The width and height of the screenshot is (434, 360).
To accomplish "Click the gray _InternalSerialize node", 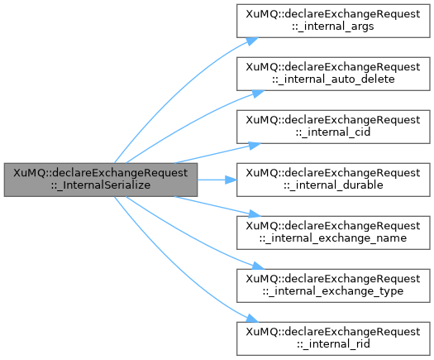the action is [x=101, y=180].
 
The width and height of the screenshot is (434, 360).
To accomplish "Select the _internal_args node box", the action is [x=333, y=21].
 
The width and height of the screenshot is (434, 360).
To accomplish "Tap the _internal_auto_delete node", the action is [x=333, y=74].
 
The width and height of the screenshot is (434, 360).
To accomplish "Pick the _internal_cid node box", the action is [x=333, y=127].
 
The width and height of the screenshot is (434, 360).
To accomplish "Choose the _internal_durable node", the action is [x=333, y=180].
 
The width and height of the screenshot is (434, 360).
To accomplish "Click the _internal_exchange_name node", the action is [x=333, y=233].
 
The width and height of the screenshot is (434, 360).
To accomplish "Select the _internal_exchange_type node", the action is [x=333, y=286].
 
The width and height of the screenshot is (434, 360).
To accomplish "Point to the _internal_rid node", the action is [x=333, y=338].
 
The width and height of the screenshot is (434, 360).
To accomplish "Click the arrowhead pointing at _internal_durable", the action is [x=231, y=180].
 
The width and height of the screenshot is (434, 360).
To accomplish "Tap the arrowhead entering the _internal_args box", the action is [x=252, y=41].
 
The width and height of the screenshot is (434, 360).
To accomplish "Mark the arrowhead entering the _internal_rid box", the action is [x=252, y=319].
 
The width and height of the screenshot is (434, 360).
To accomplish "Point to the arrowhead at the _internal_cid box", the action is [x=255, y=145].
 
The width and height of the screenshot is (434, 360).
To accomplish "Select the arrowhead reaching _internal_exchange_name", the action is [x=255, y=214].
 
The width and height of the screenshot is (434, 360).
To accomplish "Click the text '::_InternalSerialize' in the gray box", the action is [x=101, y=185].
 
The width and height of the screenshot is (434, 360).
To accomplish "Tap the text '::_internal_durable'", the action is [x=333, y=185].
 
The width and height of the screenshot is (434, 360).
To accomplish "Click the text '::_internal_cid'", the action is [x=333, y=132].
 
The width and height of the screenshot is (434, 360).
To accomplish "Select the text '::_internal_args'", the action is [x=333, y=26].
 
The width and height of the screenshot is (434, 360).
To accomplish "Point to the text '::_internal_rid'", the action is [x=333, y=344].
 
